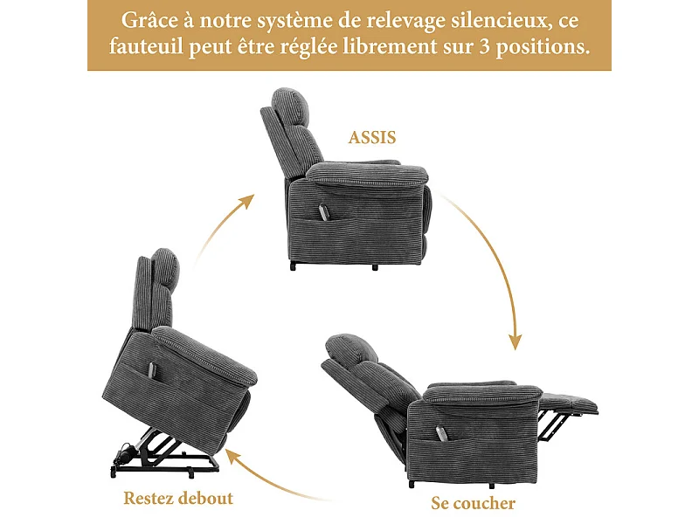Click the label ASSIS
[372, 138]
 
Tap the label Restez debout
[178, 499]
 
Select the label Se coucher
[473, 503]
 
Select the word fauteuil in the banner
[145, 47]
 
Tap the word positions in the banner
[552, 47]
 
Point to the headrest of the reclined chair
[349, 347]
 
